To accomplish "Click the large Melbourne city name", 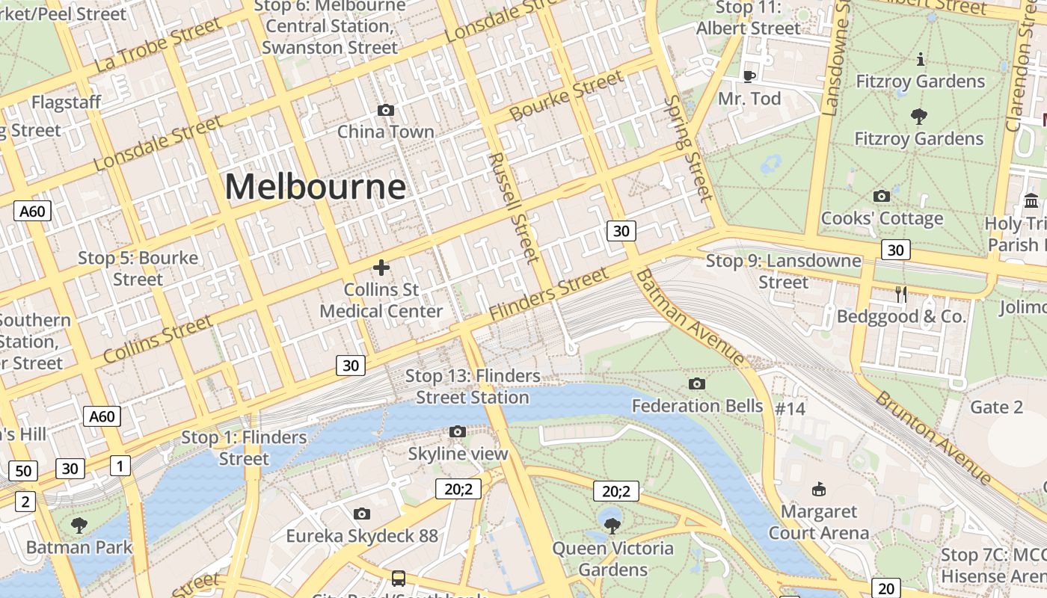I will point(315,187).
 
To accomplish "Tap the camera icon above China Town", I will point(386,111).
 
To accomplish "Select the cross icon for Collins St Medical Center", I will point(381,267).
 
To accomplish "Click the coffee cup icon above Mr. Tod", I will point(749,75).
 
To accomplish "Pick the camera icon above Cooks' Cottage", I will point(882,197).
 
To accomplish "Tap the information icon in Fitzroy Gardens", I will point(921,59).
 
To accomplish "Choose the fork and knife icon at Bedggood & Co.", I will point(901,295).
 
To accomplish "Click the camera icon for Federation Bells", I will point(697,384).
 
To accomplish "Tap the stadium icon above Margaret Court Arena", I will point(819,490).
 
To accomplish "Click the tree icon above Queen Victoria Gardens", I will point(612,525).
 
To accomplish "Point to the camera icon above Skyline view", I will point(458,431).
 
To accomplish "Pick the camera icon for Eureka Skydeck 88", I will point(362,514).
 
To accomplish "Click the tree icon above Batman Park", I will point(79,525).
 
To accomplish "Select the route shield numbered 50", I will point(23,471).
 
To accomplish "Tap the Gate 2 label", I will point(996,407).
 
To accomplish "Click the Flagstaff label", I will point(66,102).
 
